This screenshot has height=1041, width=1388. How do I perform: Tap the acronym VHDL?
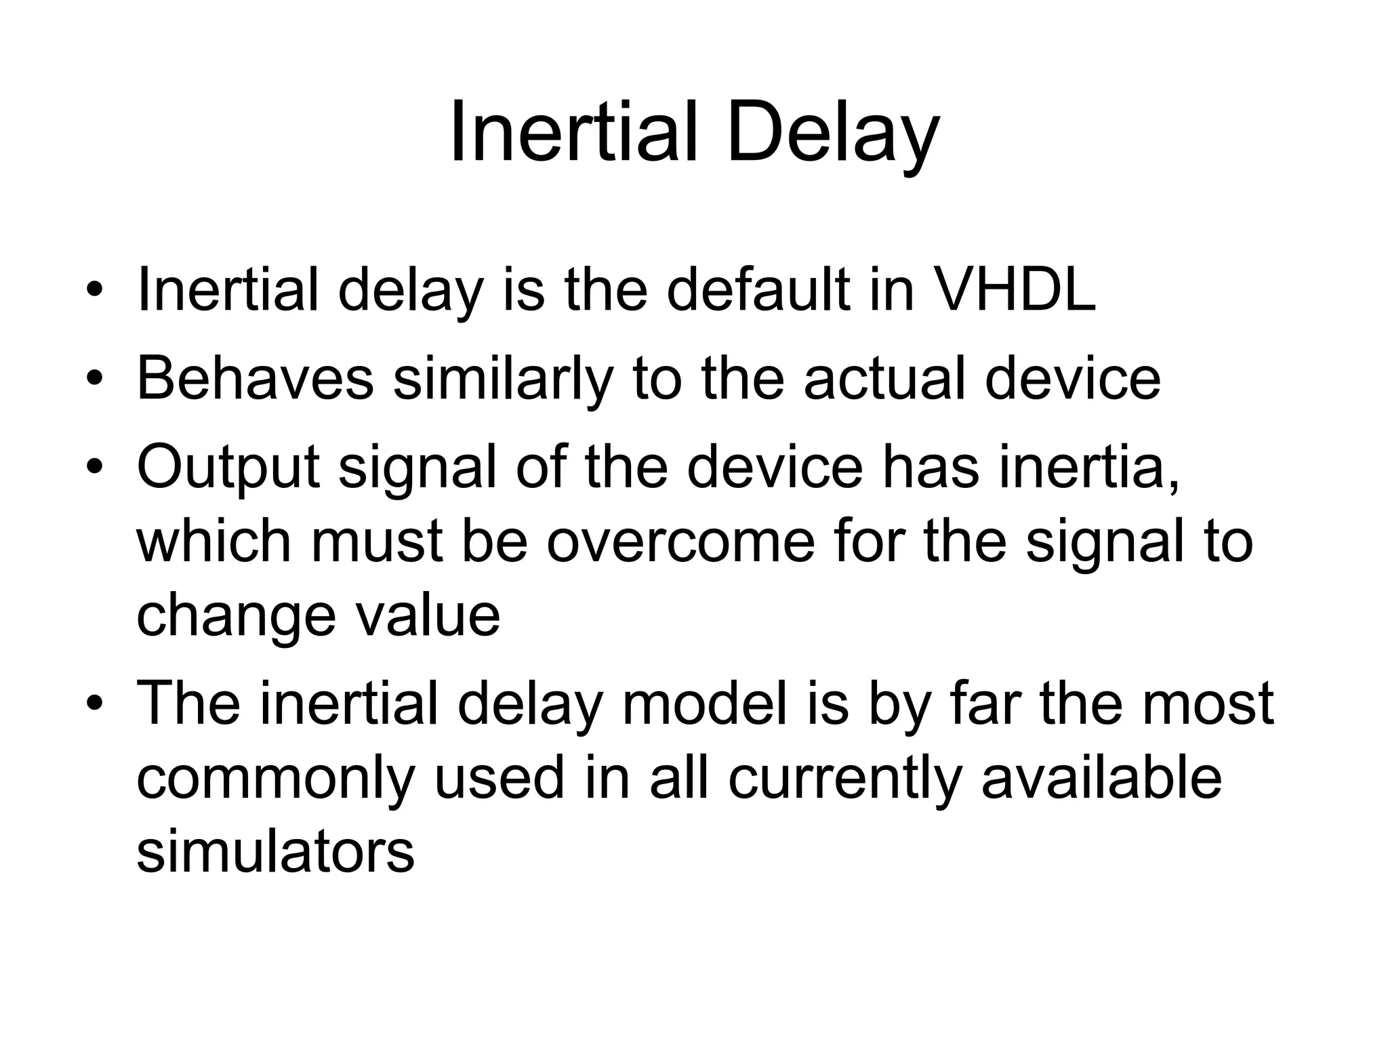1015,290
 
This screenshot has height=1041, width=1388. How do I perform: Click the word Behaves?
256,378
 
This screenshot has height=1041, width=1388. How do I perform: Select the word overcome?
680,542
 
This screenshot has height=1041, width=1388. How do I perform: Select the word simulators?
275,851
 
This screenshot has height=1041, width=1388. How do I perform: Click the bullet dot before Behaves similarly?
94,377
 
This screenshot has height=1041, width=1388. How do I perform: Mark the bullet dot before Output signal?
94,467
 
